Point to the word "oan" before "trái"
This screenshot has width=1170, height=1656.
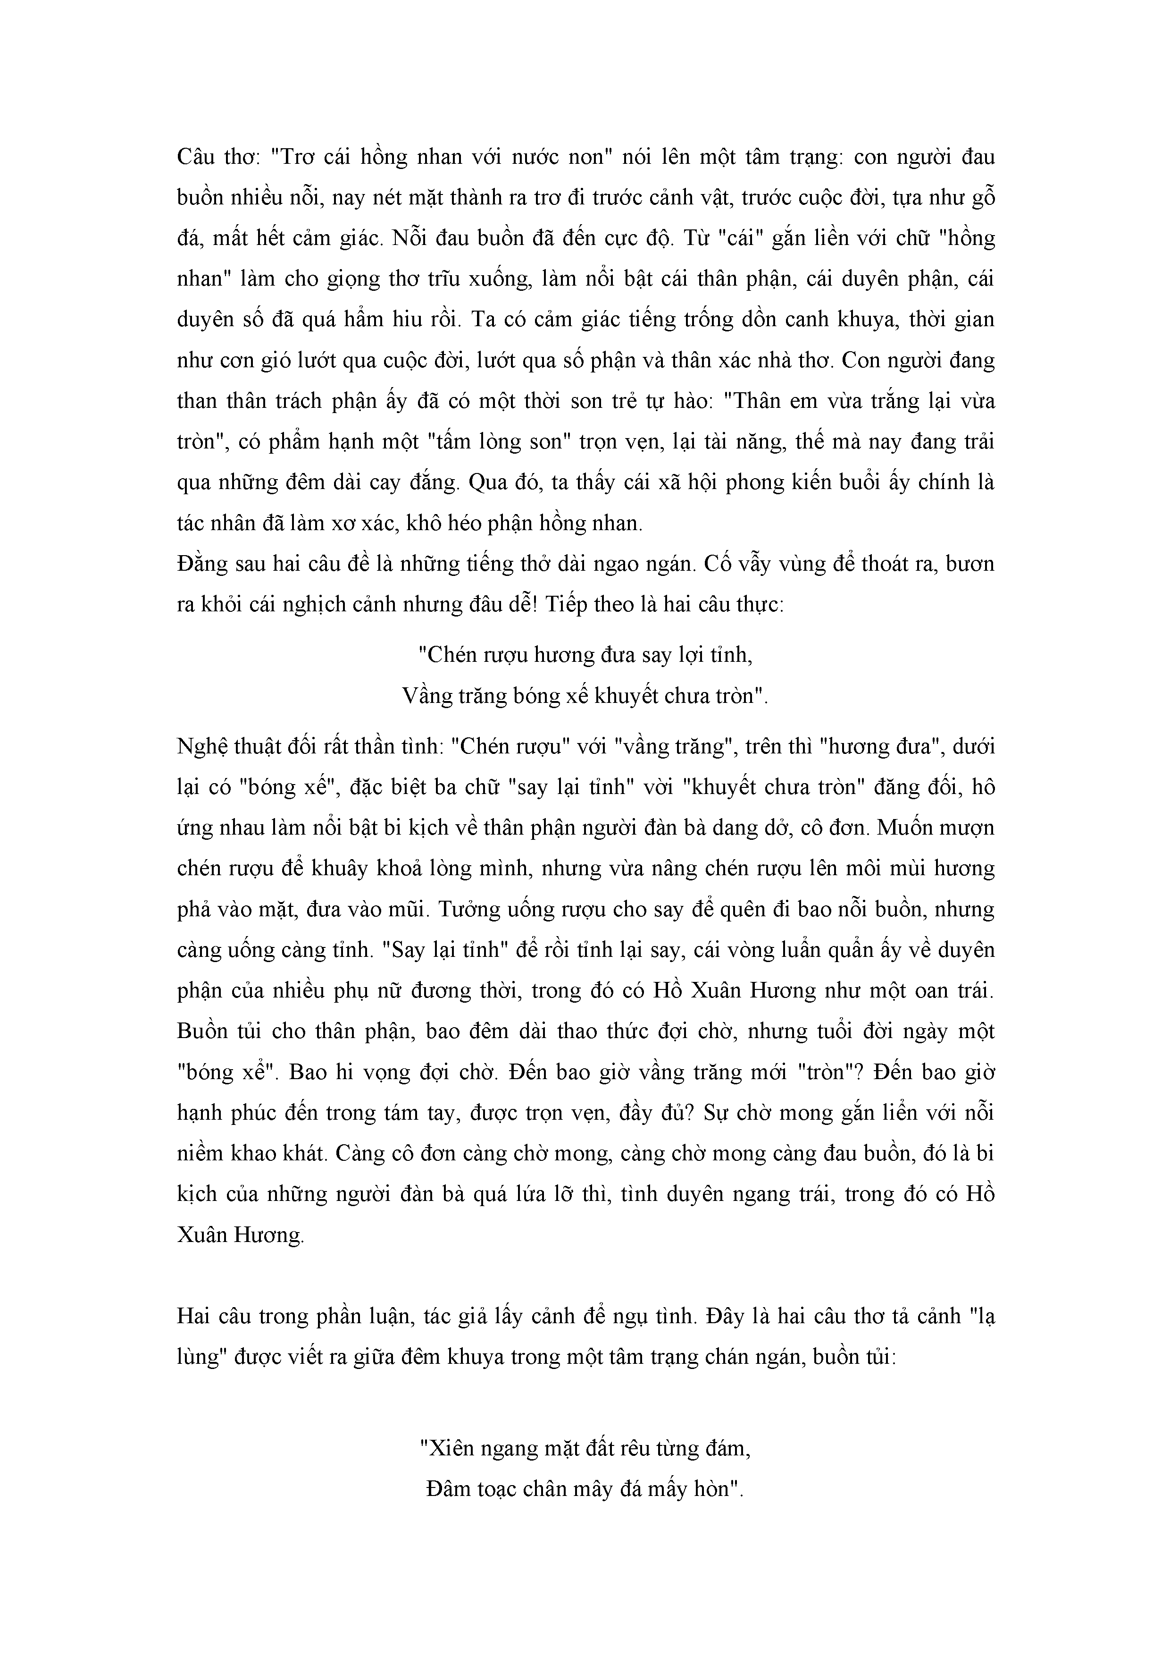click(925, 989)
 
